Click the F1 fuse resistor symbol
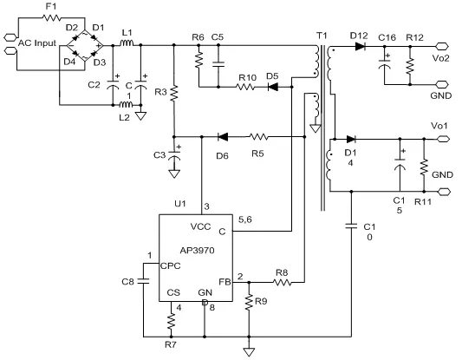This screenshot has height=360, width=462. (x=52, y=18)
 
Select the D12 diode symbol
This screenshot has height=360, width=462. (x=361, y=46)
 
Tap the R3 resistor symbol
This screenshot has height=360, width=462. (x=174, y=93)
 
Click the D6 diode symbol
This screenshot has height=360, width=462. (x=223, y=137)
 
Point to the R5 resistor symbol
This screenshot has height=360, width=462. (x=258, y=137)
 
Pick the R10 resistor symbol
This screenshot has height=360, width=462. (x=245, y=87)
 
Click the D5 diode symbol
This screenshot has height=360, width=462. (x=273, y=87)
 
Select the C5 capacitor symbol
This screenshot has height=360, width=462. (x=218, y=64)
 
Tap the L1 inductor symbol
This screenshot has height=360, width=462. (x=127, y=43)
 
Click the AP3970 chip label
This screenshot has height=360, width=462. (x=197, y=251)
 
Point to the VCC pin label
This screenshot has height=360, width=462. (x=200, y=226)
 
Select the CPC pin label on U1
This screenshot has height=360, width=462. (x=170, y=266)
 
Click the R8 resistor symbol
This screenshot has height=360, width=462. (x=283, y=283)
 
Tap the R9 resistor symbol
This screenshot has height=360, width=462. (x=249, y=301)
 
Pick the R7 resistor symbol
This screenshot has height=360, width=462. (x=171, y=321)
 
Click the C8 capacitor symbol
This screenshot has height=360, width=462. (x=144, y=281)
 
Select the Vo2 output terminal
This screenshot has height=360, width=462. (x=441, y=46)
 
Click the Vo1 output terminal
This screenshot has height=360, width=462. (x=443, y=139)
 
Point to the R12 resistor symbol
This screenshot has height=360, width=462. (x=410, y=67)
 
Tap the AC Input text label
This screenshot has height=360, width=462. (x=37, y=43)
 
